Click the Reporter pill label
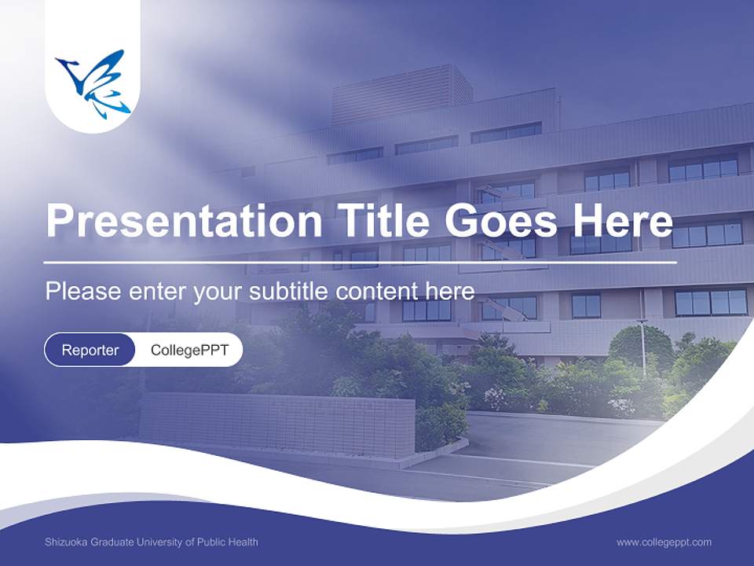coord(90,350)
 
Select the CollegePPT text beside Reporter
coord(189,350)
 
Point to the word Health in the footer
coord(243,542)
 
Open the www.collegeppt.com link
coord(664,542)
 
